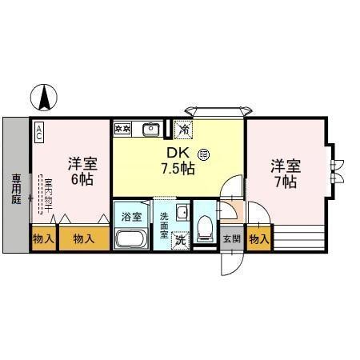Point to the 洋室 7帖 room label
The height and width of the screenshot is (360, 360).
tap(285, 174)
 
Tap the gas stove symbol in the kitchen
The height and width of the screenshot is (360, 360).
tap(123, 128)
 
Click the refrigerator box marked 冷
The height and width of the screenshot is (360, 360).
tap(183, 129)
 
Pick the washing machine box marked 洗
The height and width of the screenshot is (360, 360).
tap(182, 239)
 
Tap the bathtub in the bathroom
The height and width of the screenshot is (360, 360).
tap(130, 239)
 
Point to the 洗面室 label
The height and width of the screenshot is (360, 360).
tap(162, 222)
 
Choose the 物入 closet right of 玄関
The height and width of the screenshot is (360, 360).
tap(258, 238)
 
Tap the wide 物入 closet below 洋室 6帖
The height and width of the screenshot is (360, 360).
tap(83, 238)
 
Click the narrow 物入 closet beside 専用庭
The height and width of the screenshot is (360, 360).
tap(43, 238)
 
